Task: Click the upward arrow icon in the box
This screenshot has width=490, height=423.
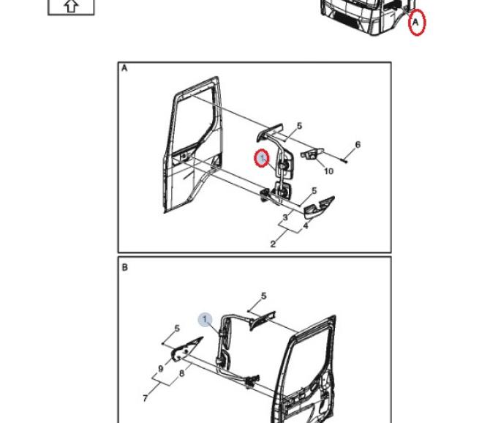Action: pos(71,6)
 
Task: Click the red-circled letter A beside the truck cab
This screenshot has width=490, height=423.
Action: pos(416,23)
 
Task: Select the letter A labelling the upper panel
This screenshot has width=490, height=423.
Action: pos(124,68)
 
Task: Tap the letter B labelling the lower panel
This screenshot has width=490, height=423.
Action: pos(124,268)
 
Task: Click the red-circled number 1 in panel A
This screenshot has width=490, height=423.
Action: pos(262,158)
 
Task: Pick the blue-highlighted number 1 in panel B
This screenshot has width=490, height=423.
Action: pos(205,320)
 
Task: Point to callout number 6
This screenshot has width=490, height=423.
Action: pos(358,144)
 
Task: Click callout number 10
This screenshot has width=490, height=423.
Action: pos(328,171)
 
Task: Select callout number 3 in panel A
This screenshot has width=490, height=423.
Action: pos(285,217)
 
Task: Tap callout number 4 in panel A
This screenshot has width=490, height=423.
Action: pos(306,225)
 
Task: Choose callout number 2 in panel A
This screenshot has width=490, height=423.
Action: pos(273,244)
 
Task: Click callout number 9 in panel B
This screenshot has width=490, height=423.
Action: pos(161,369)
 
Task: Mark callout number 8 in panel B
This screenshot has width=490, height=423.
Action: pos(182,373)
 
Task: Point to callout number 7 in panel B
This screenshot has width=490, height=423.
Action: pos(145,398)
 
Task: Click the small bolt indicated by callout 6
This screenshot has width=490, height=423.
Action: pos(344,160)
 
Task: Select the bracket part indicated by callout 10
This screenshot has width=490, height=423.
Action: pos(312,154)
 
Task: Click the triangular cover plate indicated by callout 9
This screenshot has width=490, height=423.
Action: pos(185,350)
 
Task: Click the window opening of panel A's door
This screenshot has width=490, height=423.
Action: pos(195,118)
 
